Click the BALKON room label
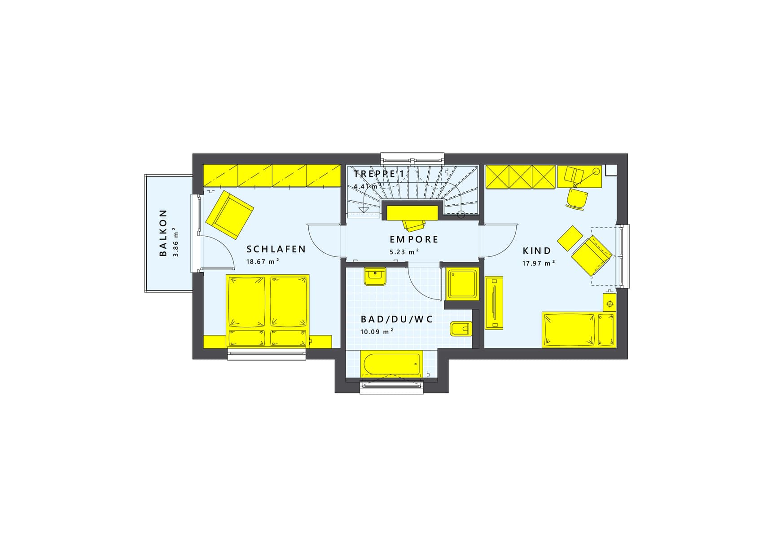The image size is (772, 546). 163,233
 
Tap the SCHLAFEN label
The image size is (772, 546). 276,249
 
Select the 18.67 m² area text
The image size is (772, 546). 263,261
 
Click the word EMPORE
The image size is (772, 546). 414,239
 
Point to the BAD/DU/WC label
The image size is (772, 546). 397,319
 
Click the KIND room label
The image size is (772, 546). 537,251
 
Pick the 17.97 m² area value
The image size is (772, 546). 539,263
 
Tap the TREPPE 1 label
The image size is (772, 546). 379,174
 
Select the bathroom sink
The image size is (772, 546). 375,277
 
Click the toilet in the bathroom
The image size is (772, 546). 461,329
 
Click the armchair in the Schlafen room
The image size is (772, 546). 230,215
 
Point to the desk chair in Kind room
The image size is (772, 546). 577,198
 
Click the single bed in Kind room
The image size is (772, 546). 578,330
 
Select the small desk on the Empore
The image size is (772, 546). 412,213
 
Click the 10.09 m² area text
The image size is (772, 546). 377,332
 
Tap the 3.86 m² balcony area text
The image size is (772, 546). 175,242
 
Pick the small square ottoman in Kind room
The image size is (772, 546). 570,238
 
